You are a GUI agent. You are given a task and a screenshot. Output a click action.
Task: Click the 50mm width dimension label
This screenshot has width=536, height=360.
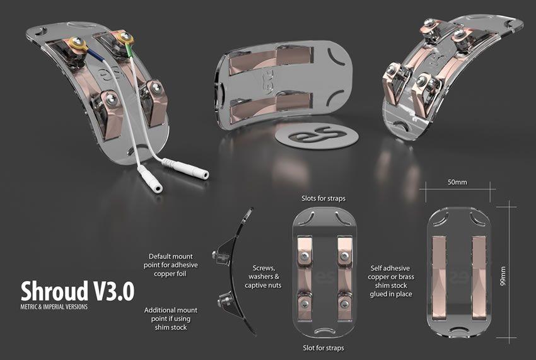coord(457,182)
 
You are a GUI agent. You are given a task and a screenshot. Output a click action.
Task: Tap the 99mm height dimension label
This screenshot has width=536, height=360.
coord(503,277)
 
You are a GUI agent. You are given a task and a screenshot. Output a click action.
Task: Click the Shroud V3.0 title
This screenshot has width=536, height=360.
coord(78,291)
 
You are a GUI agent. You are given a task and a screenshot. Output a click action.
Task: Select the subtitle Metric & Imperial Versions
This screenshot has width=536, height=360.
coord(54,306)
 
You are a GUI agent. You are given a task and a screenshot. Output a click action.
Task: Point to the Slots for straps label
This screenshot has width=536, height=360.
coord(323,199)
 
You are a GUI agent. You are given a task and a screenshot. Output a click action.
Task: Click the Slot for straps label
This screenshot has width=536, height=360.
coord(323,348)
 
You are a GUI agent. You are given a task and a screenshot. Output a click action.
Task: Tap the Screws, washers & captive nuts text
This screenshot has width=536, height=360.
coord(263,277)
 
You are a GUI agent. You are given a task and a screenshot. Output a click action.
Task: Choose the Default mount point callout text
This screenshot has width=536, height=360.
coord(171,265)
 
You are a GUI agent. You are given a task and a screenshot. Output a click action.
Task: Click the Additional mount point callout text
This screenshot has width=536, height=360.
coord(171,318)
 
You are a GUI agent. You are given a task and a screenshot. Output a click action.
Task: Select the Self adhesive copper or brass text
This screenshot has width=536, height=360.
coord(391,281)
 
